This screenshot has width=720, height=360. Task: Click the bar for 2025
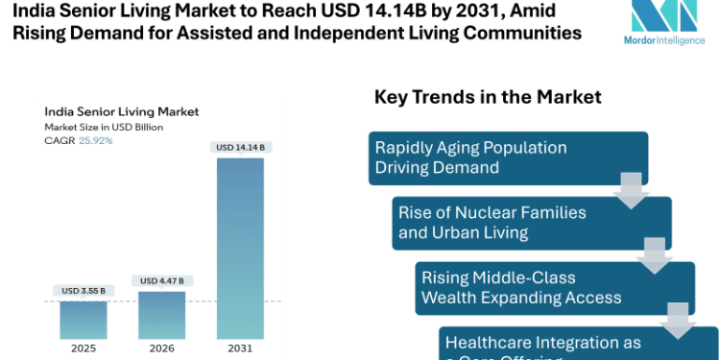coord(84,320)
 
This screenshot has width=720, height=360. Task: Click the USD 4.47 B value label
coord(162,281)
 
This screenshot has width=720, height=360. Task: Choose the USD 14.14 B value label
coord(239,147)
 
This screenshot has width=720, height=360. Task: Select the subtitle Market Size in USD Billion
coord(104,127)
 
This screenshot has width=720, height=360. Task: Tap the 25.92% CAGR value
coord(95,140)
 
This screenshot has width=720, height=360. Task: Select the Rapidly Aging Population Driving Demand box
coord(509,157)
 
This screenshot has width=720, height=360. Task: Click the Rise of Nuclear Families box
coord(532,223)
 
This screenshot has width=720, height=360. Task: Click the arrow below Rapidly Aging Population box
coord(631,190)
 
